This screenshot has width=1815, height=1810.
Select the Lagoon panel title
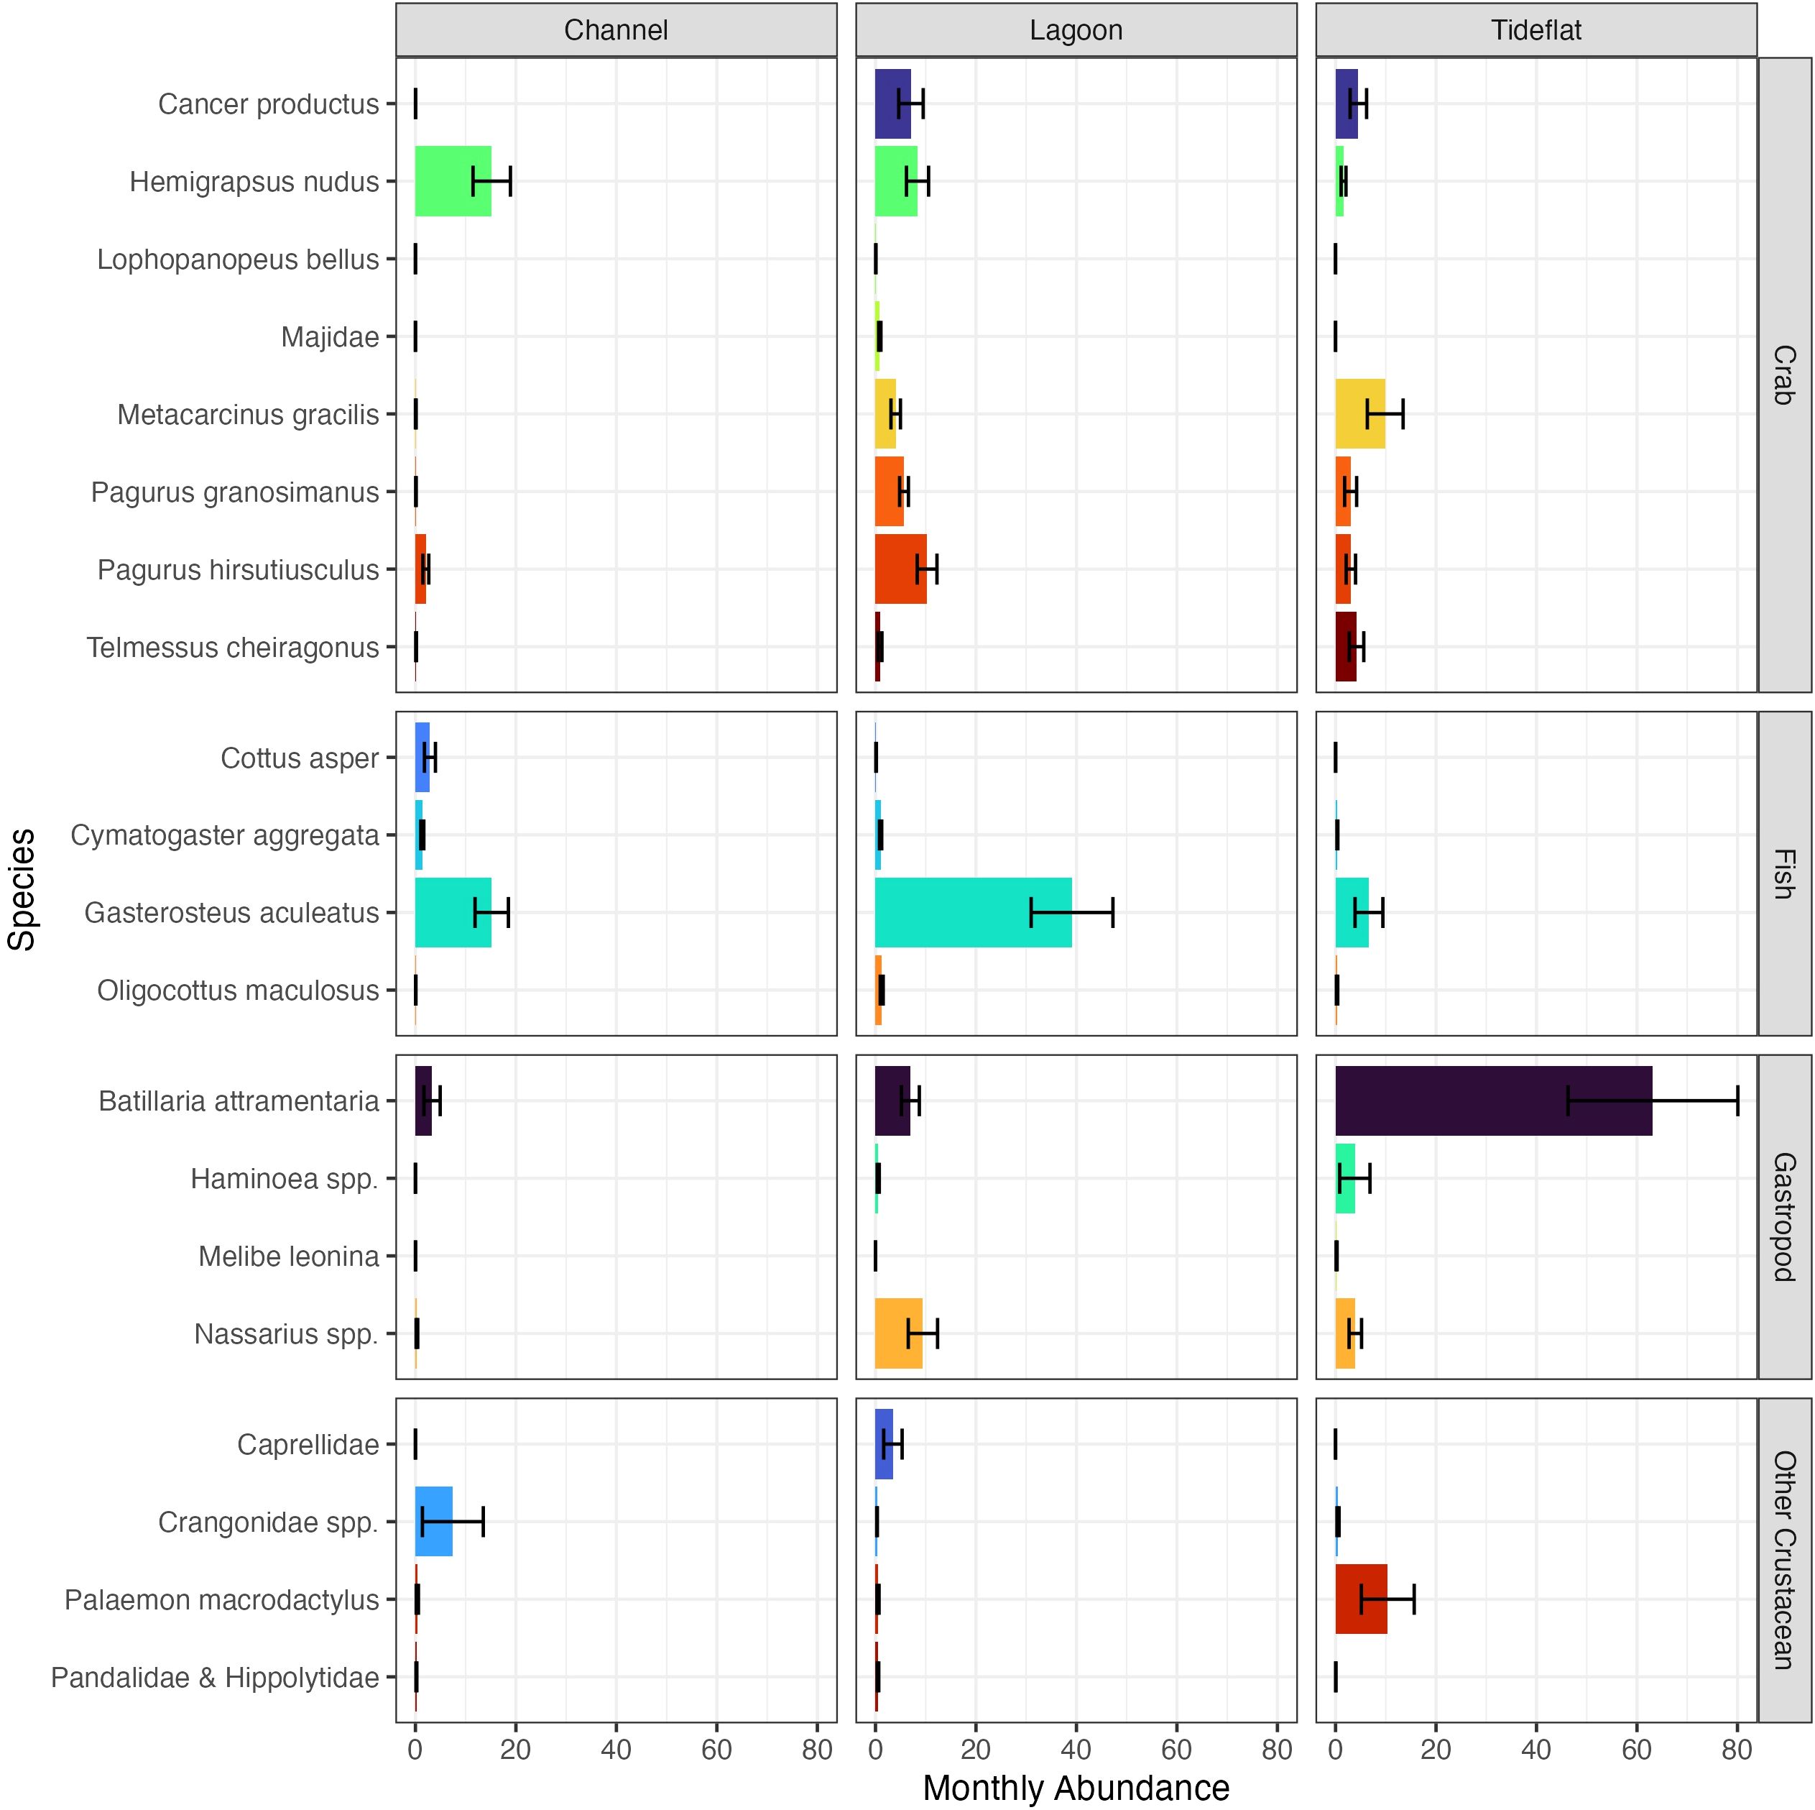coord(1076,30)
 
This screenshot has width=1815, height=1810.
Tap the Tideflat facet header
coord(1536,30)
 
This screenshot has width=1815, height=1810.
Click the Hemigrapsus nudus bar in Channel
coord(453,181)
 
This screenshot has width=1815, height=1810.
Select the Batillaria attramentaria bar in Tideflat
coord(1493,1101)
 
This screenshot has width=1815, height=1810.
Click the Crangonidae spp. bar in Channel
coord(433,1522)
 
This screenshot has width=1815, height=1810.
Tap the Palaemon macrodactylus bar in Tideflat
coord(1360,1599)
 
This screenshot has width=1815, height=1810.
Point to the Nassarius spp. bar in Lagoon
coord(898,1333)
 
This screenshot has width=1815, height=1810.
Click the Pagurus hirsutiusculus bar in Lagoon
coord(900,569)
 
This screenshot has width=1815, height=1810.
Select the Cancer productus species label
coord(268,104)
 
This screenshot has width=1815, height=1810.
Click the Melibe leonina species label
coord(288,1257)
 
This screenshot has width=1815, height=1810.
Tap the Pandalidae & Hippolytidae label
coord(214,1678)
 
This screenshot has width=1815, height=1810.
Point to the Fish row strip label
coord(1784,873)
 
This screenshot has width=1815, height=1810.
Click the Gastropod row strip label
coord(1784,1217)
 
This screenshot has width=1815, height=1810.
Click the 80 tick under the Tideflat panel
coord(1737,1750)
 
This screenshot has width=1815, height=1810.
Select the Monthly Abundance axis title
coord(1076,1788)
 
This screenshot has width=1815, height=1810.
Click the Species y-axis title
coord(22,889)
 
